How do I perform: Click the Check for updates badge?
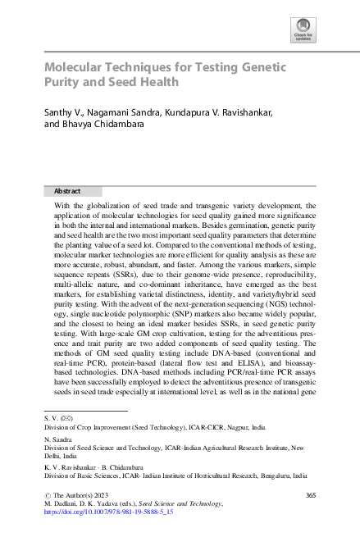point(303,30)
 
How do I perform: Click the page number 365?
point(310,495)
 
